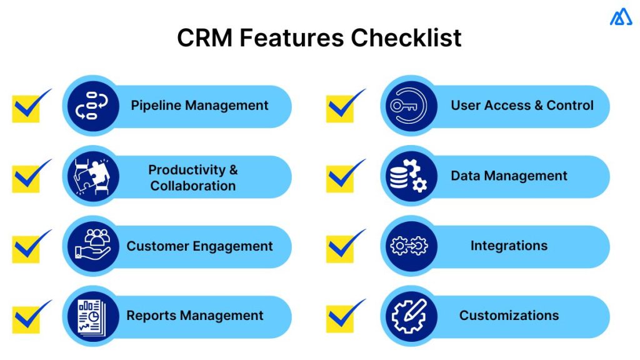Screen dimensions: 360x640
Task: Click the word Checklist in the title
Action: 406,39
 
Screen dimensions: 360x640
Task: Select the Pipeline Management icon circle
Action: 91,106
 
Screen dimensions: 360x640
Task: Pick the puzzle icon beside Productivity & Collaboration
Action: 91,176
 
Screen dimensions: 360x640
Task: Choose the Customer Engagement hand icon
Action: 91,246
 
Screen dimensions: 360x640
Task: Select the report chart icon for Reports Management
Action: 91,316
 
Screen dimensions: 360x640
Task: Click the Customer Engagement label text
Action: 199,246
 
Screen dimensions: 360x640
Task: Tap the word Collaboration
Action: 193,186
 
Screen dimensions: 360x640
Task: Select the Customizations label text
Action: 509,316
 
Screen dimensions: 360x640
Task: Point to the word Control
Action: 570,106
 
